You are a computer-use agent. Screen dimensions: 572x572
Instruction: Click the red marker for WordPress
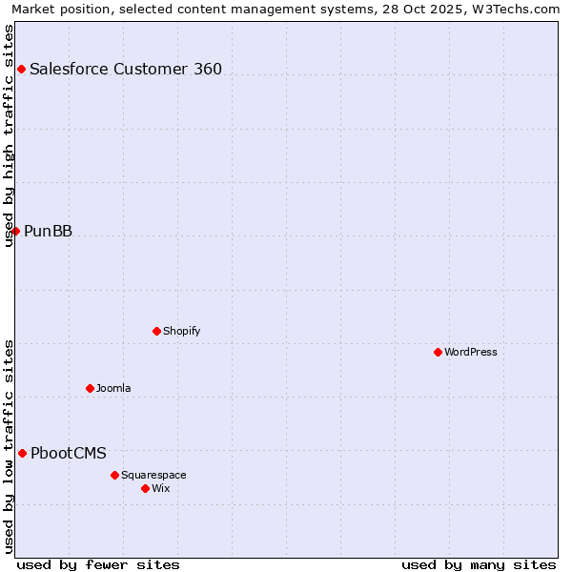point(438,352)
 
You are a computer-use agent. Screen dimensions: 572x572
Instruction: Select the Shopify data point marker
point(156,331)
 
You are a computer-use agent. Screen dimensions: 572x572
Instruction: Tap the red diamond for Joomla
point(90,388)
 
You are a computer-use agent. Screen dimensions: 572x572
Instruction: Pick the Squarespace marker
point(114,475)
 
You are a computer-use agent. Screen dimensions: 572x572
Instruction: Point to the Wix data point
point(145,488)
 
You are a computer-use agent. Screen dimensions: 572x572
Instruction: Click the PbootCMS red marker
point(22,453)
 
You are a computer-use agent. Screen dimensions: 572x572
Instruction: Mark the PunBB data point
point(15,231)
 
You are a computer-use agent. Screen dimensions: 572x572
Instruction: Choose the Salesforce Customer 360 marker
point(21,69)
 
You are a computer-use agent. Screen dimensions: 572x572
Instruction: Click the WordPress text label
point(471,352)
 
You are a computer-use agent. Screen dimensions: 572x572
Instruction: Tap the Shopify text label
point(181,331)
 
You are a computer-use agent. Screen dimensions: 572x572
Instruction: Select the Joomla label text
point(113,388)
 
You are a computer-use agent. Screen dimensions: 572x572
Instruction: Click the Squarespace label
point(153,475)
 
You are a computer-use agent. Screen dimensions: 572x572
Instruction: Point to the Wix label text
point(160,488)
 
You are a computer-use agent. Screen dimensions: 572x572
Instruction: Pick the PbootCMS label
point(69,453)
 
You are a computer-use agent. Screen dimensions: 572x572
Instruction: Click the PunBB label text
point(48,231)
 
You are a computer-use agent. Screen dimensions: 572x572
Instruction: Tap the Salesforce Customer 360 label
point(126,69)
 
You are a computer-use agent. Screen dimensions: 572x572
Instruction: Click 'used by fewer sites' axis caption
point(98,564)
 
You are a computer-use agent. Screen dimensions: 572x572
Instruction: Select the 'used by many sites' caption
point(479,564)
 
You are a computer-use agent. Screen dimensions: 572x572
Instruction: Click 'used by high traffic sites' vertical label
point(9,135)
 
